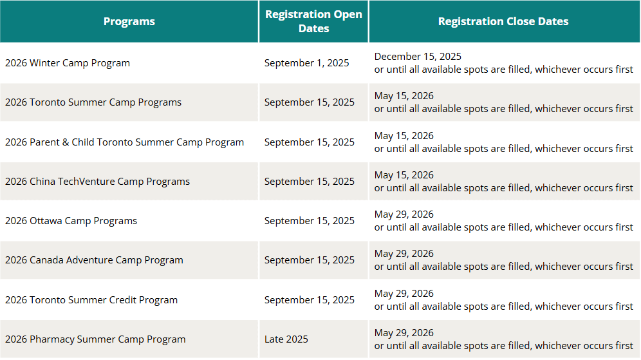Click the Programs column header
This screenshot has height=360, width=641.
129,21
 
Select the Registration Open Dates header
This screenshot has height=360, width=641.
313,21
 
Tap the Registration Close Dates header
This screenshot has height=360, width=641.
503,21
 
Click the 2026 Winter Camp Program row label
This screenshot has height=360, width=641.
68,63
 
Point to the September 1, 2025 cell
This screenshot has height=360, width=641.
306,63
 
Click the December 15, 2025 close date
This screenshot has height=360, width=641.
418,57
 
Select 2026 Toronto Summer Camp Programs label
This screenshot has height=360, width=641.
93,102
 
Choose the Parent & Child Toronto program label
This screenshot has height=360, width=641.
125,142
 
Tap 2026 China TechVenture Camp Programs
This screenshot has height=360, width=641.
97,181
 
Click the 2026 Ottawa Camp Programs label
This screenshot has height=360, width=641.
71,221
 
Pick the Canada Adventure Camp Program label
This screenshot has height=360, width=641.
94,260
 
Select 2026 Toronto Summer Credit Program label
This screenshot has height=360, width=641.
91,300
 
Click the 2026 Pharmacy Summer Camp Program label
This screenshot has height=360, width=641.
95,339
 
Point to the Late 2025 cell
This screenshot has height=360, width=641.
286,339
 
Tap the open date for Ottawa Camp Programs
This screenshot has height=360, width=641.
310,221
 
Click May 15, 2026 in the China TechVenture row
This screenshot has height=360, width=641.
404,175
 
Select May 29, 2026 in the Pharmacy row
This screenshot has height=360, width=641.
404,333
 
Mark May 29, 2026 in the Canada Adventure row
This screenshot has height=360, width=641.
404,254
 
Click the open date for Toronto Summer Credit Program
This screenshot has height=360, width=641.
310,300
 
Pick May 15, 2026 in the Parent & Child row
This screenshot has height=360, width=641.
404,136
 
